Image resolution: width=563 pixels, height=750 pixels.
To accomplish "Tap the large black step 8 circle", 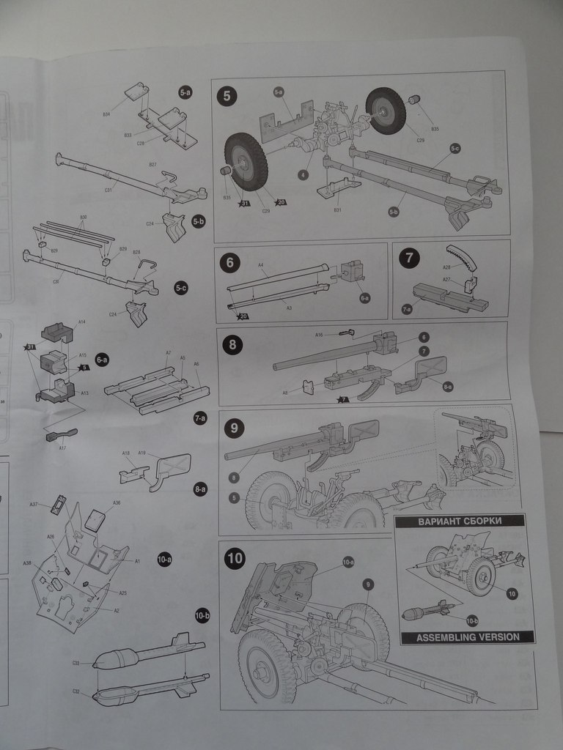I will pos(232,345).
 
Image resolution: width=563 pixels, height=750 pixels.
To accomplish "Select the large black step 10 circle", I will pos(235,559).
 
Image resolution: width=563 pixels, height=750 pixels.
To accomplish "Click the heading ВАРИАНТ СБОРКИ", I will pos(460,521).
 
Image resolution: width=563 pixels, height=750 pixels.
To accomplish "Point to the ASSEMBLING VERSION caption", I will pos(468,637).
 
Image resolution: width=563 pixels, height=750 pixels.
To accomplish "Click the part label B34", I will pos(106,115).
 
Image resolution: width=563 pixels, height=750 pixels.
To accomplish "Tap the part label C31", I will pos(108,190).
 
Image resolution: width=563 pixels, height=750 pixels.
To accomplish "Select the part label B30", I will pos(84,218).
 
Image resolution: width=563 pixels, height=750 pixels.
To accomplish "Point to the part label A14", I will pos(82,322).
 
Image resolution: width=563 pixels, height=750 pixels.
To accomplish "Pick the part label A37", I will pos(34,505).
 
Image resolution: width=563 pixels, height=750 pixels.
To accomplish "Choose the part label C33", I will pos(76,663).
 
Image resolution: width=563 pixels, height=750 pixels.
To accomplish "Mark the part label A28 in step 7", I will pos(446,268).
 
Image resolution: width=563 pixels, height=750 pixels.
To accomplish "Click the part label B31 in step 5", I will pos(337,210).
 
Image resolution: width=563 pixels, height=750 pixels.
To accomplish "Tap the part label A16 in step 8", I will pos(319,335).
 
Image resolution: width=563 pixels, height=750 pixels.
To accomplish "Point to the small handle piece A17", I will pos(61,435).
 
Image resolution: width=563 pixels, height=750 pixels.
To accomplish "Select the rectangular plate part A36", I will pos(95,520).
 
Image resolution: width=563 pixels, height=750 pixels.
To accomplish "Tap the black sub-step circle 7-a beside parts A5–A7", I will pos(199,417).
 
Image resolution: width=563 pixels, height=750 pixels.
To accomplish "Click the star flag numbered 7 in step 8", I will pos(342,399).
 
